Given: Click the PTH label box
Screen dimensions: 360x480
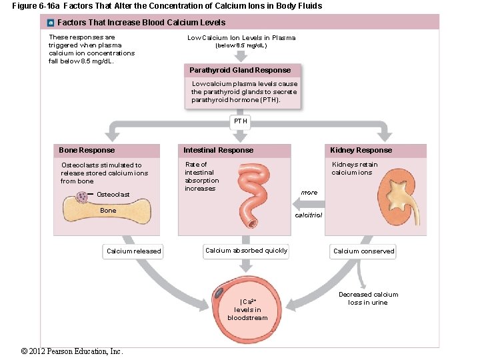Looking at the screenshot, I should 241,121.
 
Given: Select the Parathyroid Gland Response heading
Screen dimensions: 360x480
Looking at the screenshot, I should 240,70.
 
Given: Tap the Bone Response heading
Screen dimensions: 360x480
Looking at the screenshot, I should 87,150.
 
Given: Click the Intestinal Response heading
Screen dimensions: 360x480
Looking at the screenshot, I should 219,150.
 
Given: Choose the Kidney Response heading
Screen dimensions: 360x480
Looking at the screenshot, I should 361,150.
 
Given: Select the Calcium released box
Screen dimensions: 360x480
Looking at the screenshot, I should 133,251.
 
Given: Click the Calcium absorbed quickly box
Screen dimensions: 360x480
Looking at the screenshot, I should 246,251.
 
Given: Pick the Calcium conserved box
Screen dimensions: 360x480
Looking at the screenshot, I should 363,251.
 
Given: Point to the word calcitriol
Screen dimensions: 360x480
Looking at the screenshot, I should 308,215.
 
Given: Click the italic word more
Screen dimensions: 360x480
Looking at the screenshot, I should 309,193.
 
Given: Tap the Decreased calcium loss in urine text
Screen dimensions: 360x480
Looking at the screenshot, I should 368,298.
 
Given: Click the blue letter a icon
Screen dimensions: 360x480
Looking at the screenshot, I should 51,22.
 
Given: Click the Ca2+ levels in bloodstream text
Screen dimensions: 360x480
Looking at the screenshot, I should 247,309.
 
